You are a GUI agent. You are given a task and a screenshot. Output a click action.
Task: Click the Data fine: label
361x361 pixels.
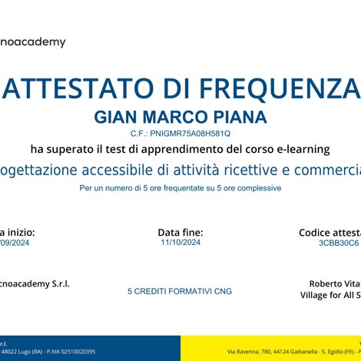[x=180, y=231]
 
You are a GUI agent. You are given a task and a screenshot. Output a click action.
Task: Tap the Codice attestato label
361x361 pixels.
[x=330, y=231]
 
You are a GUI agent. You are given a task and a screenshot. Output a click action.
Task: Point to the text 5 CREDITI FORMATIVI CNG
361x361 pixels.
[x=180, y=292]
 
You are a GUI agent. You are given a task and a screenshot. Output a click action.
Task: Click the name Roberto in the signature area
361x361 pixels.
[x=326, y=283]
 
